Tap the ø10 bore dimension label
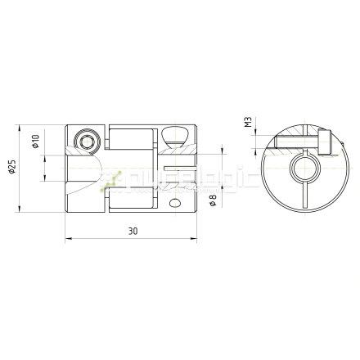(x=36, y=141)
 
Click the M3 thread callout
(x=247, y=123)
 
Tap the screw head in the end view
(x=325, y=144)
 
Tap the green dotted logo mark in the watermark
(x=114, y=180)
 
